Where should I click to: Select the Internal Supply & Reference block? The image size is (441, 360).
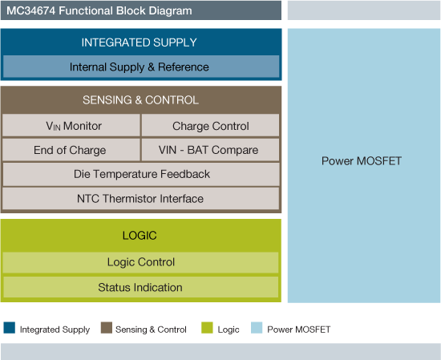(140, 67)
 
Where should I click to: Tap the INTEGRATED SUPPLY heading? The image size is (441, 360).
(140, 42)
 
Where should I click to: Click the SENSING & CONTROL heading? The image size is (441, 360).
(140, 100)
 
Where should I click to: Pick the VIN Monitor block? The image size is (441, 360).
(71, 126)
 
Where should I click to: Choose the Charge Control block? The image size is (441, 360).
(210, 126)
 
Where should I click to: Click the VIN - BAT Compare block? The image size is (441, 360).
(210, 150)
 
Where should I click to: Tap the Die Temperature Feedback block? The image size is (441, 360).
(141, 174)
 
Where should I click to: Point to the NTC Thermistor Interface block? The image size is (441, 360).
(140, 198)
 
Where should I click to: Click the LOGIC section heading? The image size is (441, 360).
(140, 236)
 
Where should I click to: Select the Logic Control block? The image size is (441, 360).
(141, 262)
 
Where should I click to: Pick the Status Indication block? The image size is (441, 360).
(140, 287)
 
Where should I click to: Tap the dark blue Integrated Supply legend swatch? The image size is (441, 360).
(10, 328)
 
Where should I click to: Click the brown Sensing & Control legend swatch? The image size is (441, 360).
(107, 328)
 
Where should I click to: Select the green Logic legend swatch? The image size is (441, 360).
(207, 328)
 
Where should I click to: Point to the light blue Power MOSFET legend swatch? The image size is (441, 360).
(257, 328)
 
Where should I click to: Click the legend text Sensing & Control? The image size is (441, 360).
(151, 330)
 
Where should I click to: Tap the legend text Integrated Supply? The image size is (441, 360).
(55, 330)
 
